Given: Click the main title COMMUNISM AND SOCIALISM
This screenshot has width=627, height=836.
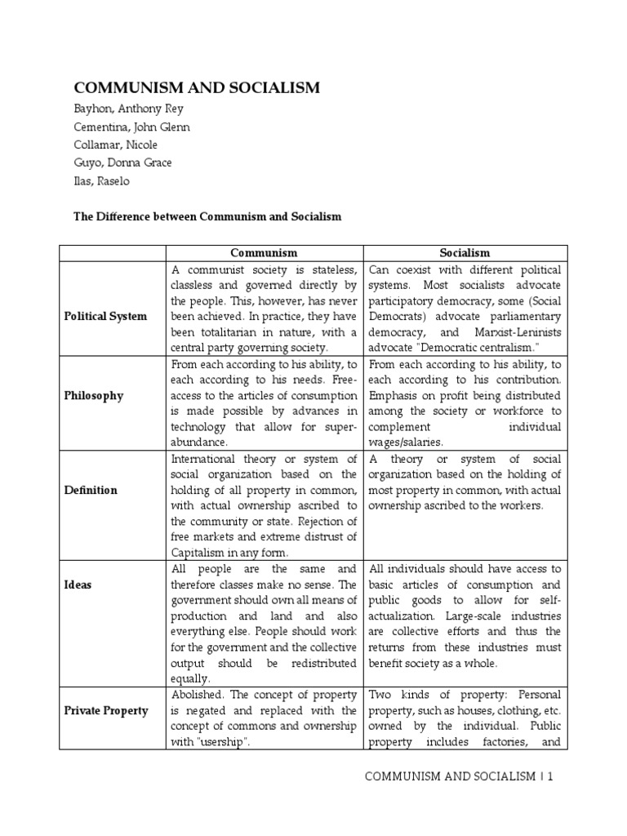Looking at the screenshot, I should click(198, 88).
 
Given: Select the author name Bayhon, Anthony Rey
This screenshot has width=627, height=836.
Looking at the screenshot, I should click(130, 109).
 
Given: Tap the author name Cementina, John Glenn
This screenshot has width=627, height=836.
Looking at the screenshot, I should click(132, 127).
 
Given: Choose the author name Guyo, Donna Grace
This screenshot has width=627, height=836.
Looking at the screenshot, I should click(123, 162).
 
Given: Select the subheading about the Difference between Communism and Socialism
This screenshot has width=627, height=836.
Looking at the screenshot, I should click(207, 217).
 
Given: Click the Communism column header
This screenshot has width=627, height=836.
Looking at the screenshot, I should click(264, 253).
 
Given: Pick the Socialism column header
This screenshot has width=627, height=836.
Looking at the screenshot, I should click(465, 253).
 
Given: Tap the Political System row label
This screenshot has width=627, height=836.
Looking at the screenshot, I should click(106, 316).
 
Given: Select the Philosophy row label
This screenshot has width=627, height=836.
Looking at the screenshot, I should click(94, 395).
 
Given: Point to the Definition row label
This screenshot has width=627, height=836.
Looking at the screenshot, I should click(91, 490).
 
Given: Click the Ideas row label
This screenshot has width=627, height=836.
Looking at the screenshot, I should click(79, 585).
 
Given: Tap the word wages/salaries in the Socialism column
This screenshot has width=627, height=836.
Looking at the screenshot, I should click(406, 442).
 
